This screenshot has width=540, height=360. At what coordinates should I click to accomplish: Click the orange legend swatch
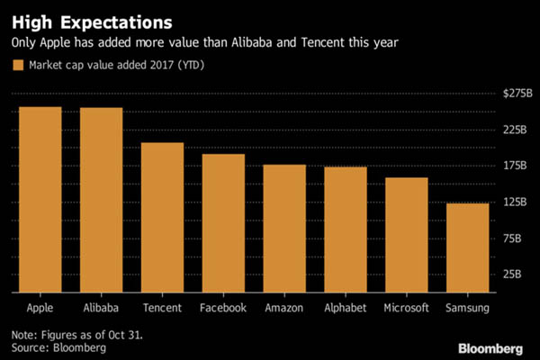[x=17, y=65]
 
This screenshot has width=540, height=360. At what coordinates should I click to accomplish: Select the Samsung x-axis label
[x=468, y=308]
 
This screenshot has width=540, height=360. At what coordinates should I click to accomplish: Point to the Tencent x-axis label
[x=162, y=308]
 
